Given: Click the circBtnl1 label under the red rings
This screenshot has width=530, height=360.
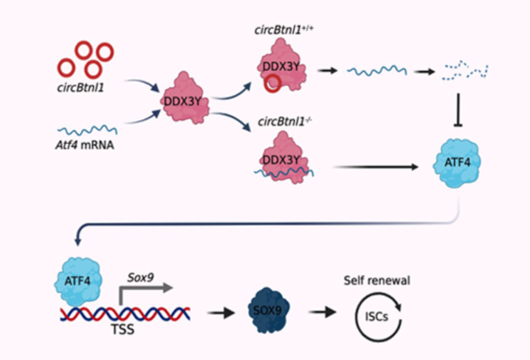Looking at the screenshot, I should click(x=83, y=90).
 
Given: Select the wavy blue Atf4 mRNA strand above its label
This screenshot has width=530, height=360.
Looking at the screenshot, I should click(x=87, y=130).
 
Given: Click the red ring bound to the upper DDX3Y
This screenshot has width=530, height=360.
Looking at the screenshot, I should click(x=272, y=84).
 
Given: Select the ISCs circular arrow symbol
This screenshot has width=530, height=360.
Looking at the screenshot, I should click(x=378, y=316).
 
